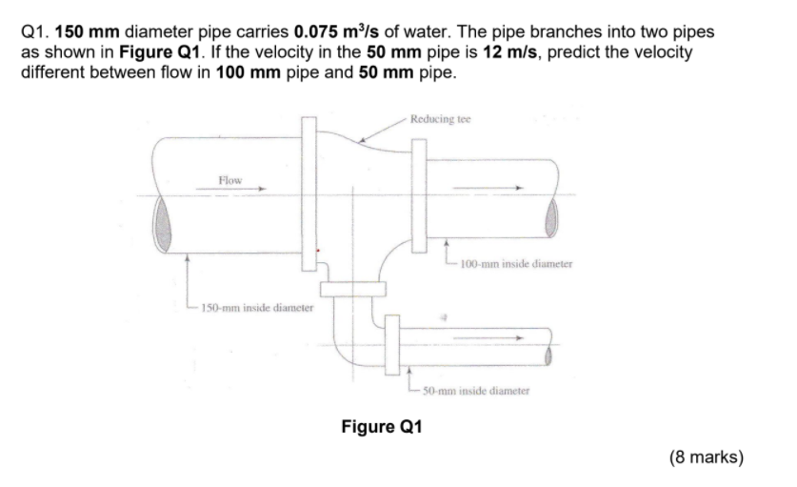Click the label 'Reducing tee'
coord(440,119)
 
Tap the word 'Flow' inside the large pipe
coord(229,179)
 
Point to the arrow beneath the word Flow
coord(229,190)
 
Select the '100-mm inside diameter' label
coord(514,264)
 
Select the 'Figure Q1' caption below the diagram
coord(381,425)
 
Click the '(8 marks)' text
coord(707,457)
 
